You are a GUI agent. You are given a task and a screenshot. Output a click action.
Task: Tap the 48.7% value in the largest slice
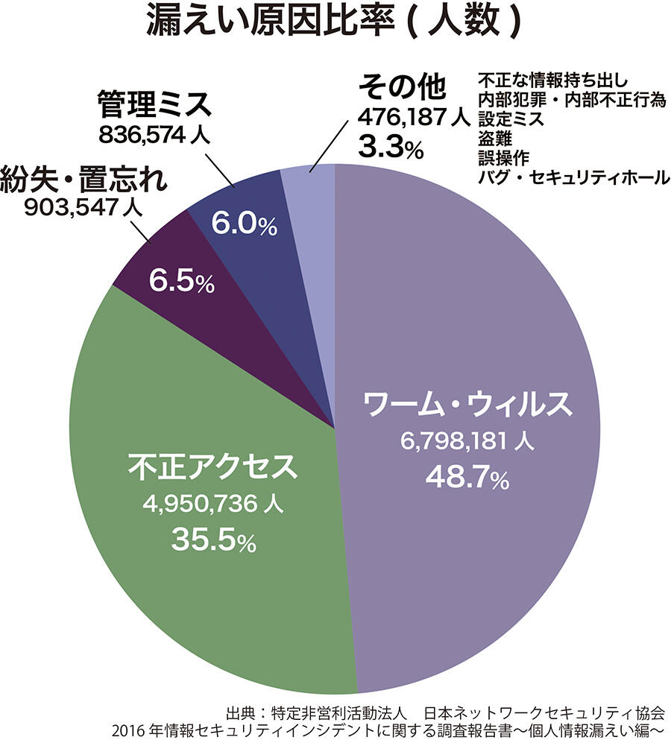coord(467,476)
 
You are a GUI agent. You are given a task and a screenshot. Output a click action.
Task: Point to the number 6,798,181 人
coord(467,441)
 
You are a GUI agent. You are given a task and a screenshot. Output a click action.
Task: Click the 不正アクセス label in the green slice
coord(212,467)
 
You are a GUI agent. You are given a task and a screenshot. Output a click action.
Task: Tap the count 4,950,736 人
coord(212,505)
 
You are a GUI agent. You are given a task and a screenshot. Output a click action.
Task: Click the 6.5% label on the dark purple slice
coord(181,281)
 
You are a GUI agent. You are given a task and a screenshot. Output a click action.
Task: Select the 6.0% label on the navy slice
coord(244,225)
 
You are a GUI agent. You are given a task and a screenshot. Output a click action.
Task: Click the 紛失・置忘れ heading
coord(84,180)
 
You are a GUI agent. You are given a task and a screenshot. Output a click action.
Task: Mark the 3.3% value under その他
coord(391,146)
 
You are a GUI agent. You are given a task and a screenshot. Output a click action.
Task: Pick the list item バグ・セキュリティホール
coord(573,178)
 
